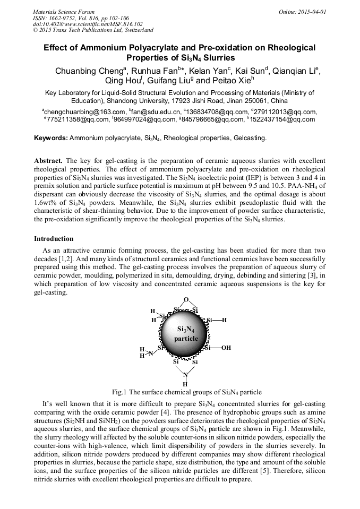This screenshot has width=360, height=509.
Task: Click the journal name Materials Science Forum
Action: point(64,11)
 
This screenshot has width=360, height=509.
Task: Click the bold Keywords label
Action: point(51,138)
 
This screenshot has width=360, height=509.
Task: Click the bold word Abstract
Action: point(48,160)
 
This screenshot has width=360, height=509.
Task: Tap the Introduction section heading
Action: point(54,239)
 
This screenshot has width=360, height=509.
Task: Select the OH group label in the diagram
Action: point(226,348)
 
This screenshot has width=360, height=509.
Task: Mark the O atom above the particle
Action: point(185,299)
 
